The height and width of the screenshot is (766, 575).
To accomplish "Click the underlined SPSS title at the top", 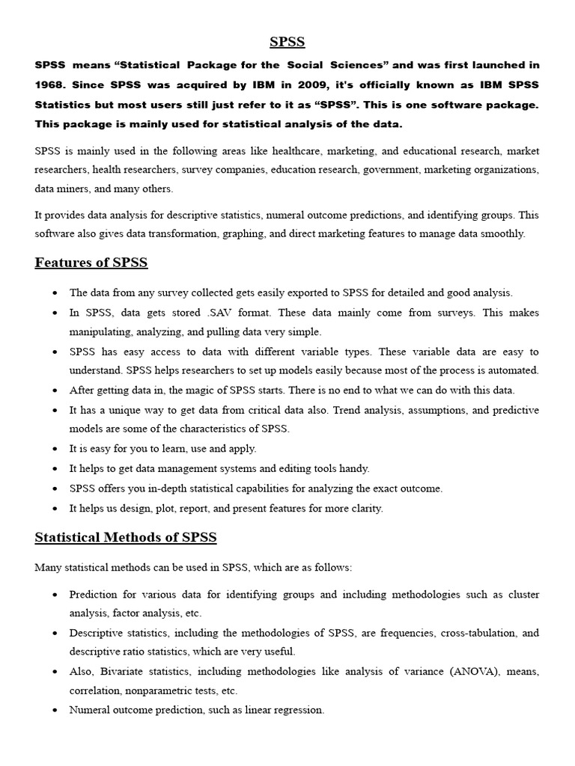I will pyautogui.click(x=287, y=42).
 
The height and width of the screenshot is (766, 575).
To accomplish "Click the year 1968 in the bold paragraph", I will pyautogui.click(x=51, y=85).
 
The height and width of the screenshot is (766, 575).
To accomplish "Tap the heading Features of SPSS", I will pyautogui.click(x=91, y=263).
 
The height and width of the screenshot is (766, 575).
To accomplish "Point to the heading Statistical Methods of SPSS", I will pyautogui.click(x=126, y=537).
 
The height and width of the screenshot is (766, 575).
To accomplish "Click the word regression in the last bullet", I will pyautogui.click(x=299, y=710).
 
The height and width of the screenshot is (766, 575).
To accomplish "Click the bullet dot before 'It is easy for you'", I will pyautogui.click(x=56, y=450).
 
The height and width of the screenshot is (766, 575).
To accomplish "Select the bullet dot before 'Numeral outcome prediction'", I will pyautogui.click(x=56, y=711).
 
